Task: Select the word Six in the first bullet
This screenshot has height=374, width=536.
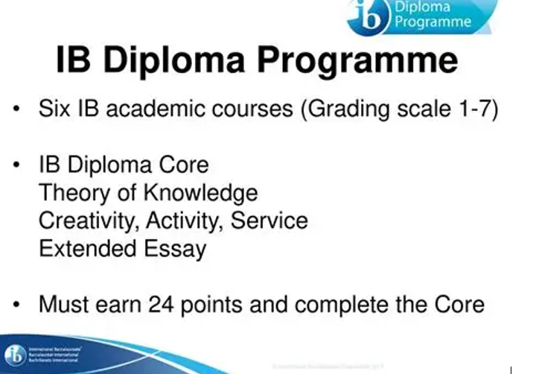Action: click(x=56, y=110)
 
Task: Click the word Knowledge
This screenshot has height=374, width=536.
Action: click(x=201, y=193)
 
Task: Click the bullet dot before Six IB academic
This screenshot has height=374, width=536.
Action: click(x=16, y=110)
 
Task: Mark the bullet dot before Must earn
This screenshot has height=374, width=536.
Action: click(x=16, y=305)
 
